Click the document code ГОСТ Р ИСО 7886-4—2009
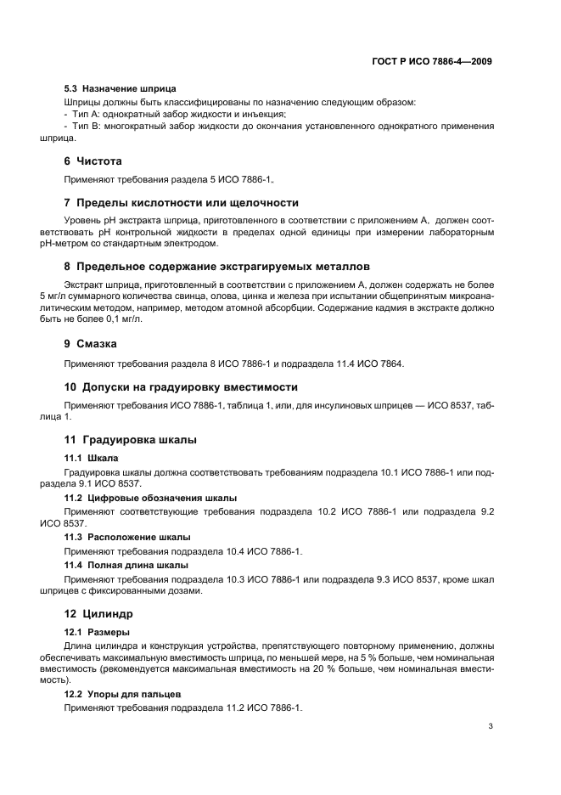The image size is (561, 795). pos(432,61)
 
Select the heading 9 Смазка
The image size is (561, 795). pos(91,344)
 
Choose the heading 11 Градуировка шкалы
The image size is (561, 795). pos(131,439)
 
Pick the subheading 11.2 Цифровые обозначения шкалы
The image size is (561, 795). pos(151,497)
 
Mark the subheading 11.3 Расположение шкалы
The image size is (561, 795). pos(127,537)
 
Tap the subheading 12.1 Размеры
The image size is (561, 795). pos(98,632)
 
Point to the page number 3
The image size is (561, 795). pos(491,726)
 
